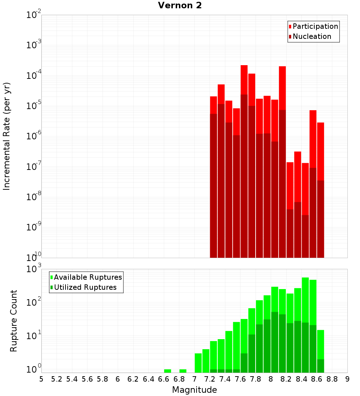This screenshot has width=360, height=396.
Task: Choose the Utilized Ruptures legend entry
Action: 85,287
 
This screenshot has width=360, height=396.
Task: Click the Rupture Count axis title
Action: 14,320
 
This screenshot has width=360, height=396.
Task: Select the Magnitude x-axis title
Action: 194,390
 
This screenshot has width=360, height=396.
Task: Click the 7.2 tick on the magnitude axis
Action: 210,379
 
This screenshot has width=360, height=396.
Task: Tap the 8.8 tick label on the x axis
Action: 332,379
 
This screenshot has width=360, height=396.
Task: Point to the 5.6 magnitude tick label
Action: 87,379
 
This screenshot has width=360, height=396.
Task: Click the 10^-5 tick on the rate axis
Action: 34,106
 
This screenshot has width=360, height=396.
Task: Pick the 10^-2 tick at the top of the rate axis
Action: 34,15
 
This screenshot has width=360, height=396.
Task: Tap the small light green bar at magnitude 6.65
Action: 168,371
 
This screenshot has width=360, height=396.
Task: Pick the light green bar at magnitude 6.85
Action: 183,371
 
